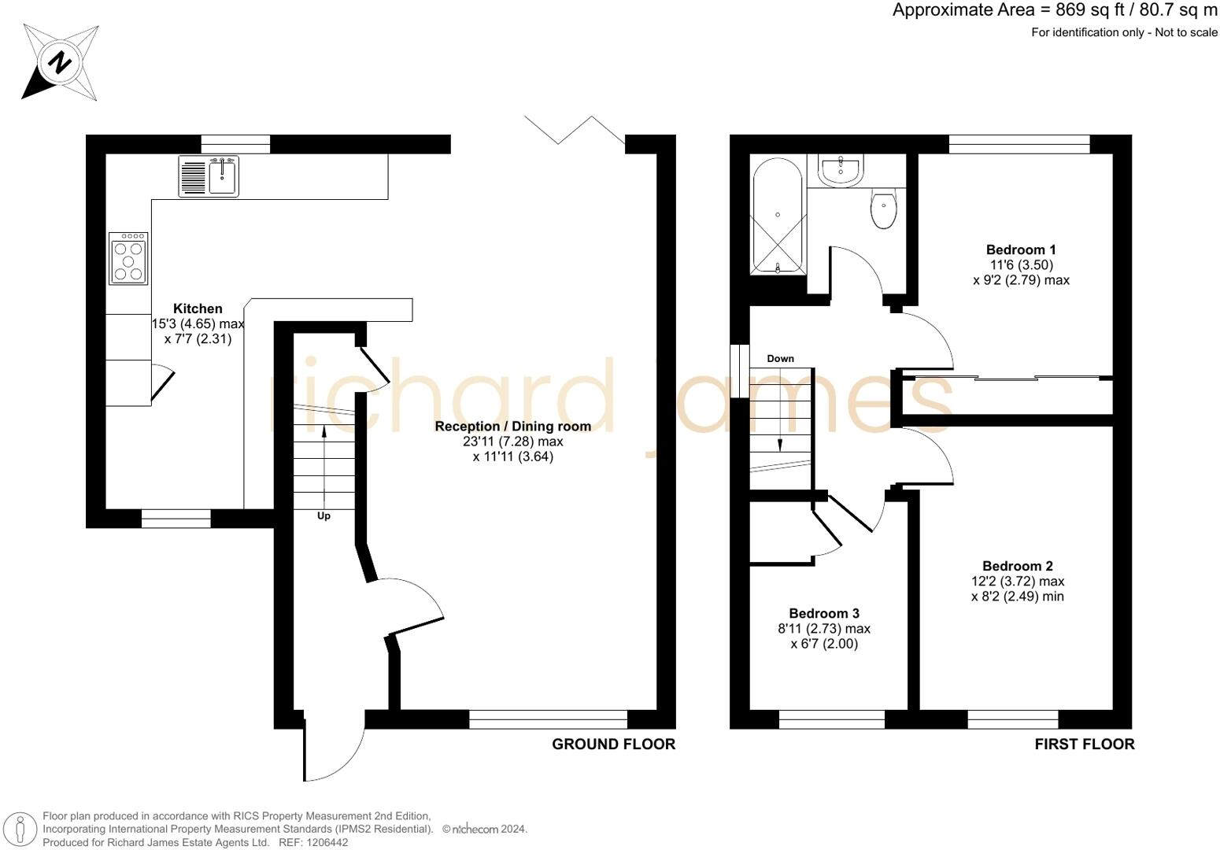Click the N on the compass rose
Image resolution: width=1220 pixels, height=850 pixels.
[x=60, y=63]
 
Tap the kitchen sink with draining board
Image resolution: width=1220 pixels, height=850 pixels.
[x=209, y=176]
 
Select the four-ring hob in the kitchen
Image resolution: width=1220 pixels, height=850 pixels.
[x=128, y=259]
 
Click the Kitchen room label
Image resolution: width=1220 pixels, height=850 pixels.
[x=198, y=309]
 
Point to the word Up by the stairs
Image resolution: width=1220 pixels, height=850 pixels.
[x=323, y=516]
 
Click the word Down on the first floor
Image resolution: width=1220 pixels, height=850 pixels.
[x=781, y=358]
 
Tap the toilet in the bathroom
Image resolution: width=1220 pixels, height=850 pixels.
[x=883, y=209]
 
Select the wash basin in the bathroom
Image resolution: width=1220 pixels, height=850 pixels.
[x=841, y=171]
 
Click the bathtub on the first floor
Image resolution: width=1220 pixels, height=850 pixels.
[x=777, y=216]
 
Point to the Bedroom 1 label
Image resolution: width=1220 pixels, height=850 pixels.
[x=1021, y=250]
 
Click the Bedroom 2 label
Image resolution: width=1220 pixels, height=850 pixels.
[x=1018, y=566]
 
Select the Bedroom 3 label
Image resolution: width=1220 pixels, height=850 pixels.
[x=824, y=613]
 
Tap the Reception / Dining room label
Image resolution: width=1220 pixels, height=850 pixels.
[x=512, y=427]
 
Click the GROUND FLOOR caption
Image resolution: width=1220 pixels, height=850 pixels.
[x=613, y=745]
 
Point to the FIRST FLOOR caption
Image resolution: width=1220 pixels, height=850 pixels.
[x=1085, y=745]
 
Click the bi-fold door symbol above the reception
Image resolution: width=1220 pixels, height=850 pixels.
[x=575, y=130]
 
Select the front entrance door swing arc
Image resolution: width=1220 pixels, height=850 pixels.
[x=349, y=763]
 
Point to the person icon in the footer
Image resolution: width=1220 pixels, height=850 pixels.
[x=20, y=830]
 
